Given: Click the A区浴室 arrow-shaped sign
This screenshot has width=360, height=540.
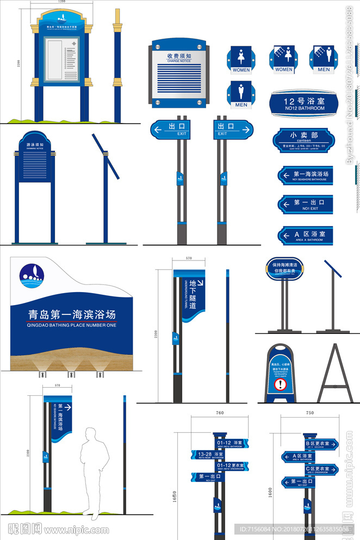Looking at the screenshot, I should [x=305, y=235].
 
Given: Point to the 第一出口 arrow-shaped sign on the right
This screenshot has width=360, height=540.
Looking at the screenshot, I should [x=305, y=204].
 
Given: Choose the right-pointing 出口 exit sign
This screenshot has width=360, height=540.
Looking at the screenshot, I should [x=233, y=129].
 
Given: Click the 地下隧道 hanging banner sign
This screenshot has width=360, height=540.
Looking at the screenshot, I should [x=191, y=294].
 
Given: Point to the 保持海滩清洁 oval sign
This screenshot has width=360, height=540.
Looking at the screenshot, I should [x=285, y=268].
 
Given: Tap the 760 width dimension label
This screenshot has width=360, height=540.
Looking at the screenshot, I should [x=219, y=413].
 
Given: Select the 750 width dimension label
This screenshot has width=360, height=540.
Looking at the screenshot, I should [x=309, y=413].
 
